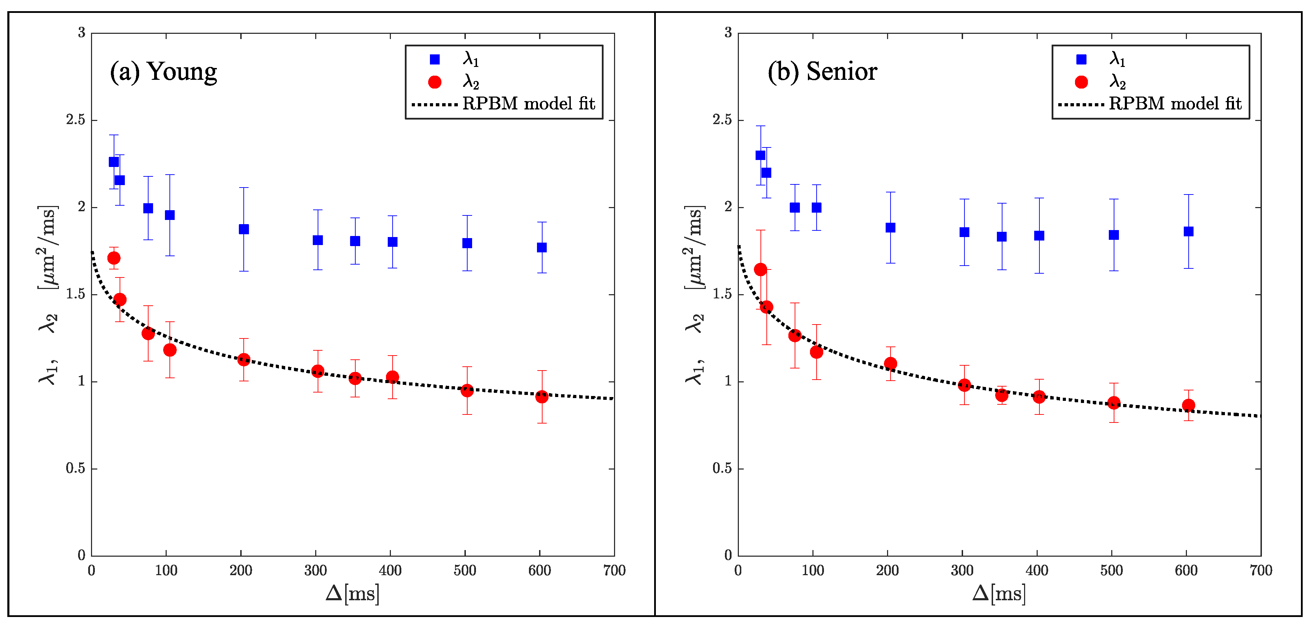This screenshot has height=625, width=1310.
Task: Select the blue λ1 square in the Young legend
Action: (435, 60)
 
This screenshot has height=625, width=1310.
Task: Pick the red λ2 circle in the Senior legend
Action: (1081, 82)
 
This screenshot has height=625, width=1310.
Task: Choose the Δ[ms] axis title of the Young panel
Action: (353, 594)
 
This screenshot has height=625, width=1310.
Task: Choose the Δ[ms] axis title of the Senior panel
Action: (999, 594)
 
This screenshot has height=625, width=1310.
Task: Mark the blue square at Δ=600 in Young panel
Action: (542, 247)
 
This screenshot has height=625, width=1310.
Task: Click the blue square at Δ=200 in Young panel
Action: (244, 229)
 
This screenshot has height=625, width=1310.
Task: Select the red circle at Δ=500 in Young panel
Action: (467, 390)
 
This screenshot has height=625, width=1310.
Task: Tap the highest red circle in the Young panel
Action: (114, 258)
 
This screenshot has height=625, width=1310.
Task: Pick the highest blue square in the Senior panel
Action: (760, 155)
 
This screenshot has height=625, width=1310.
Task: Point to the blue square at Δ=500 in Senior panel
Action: (1114, 235)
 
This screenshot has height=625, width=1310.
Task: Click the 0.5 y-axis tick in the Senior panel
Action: (722, 468)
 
